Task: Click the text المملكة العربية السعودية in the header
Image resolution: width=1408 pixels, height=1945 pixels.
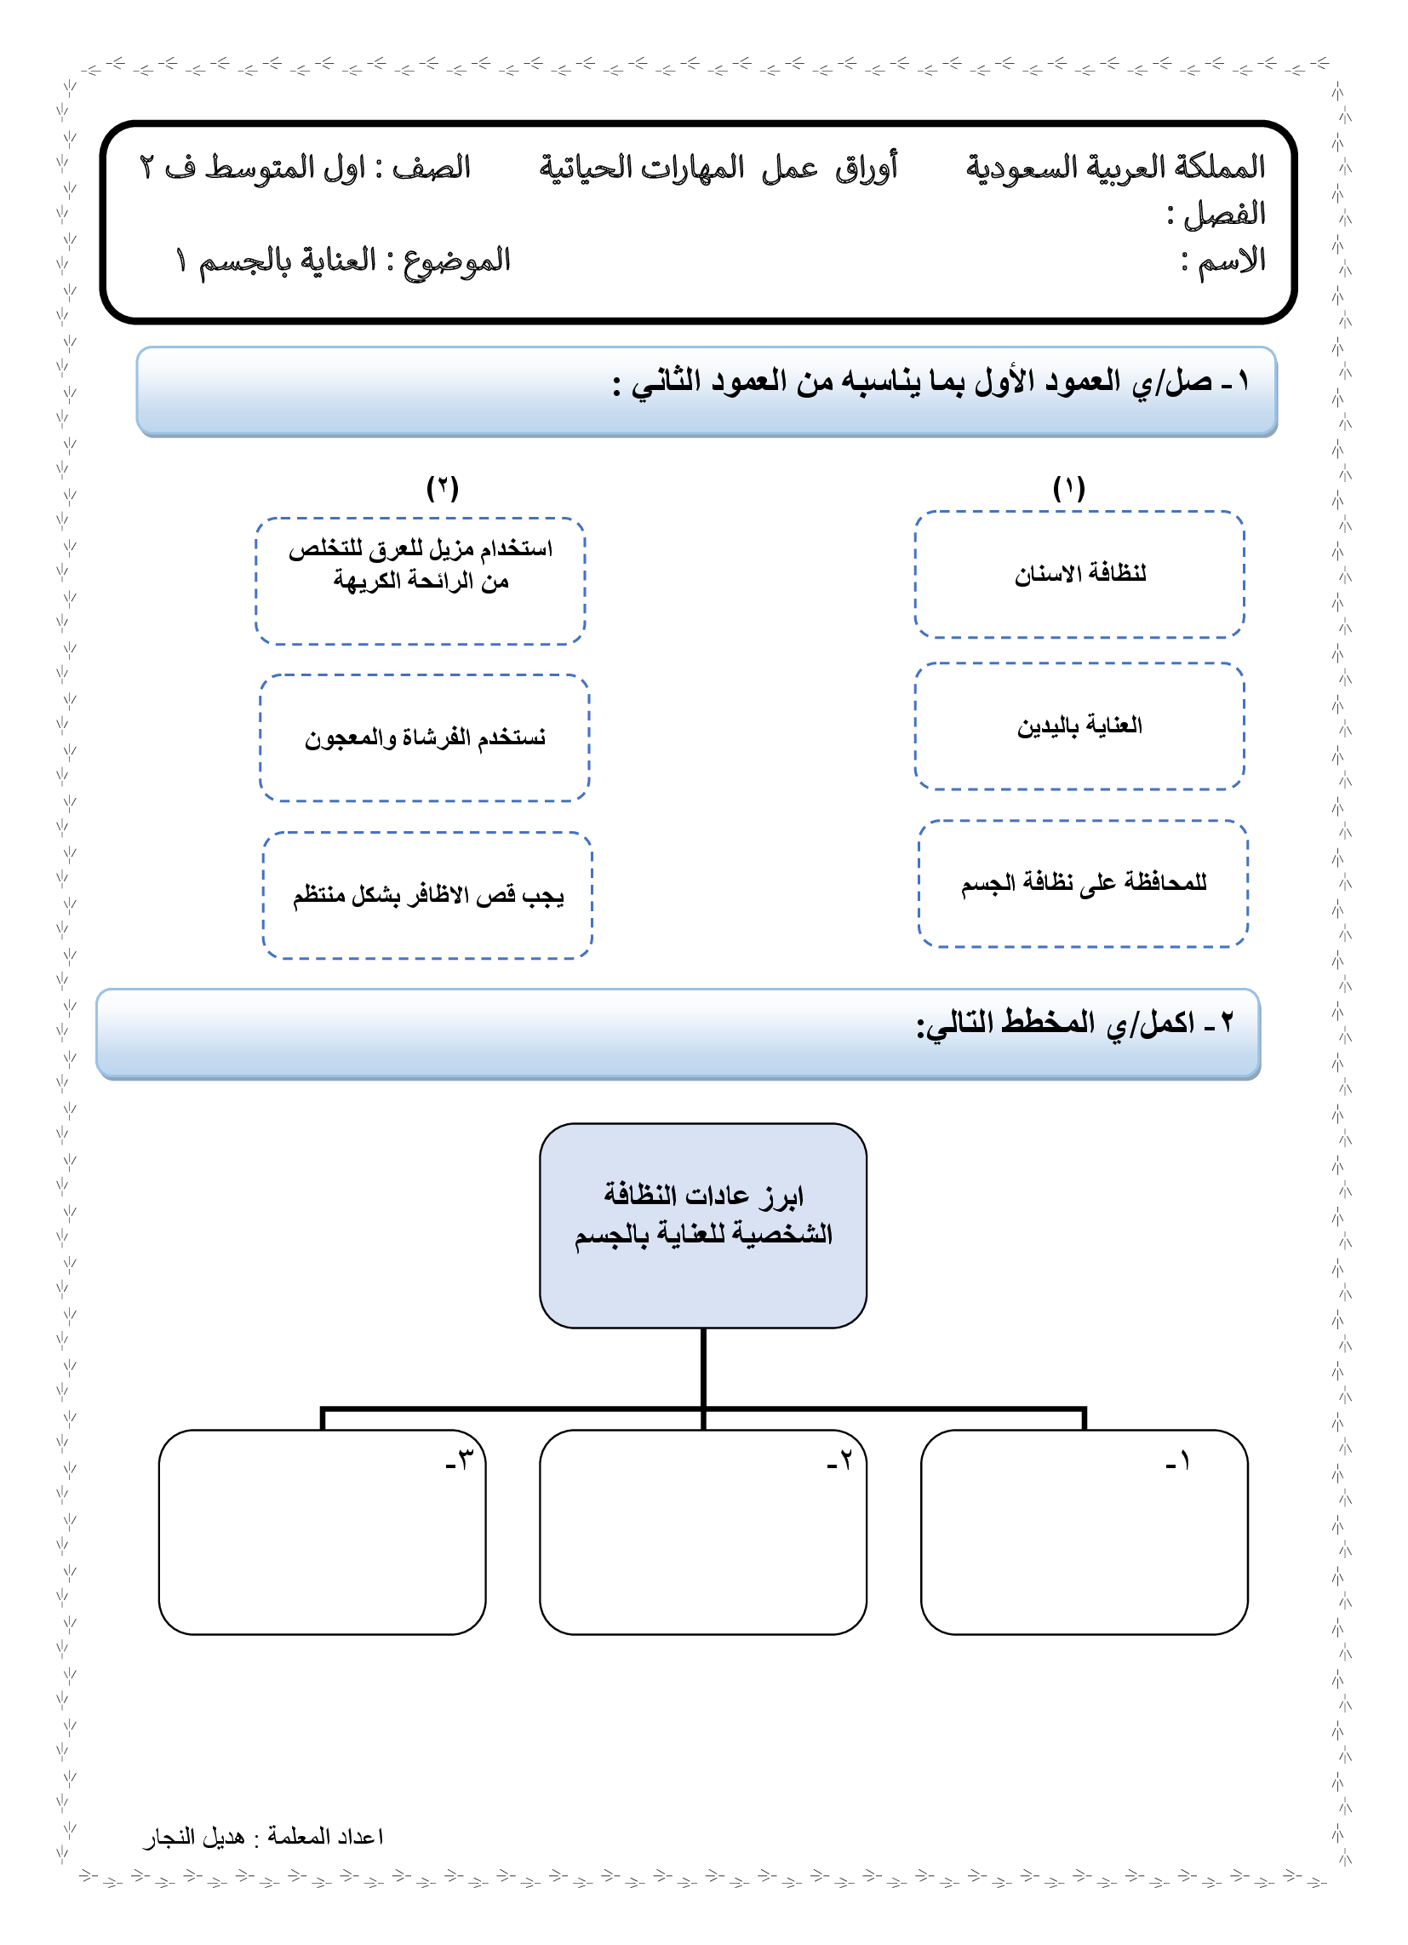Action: (1115, 167)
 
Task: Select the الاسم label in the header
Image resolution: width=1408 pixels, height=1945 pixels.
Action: (1231, 261)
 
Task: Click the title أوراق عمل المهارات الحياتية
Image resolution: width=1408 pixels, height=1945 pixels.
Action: (718, 167)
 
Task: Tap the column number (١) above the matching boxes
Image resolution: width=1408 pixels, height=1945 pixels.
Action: (1068, 488)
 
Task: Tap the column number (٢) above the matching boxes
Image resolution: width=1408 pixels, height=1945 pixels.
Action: (443, 488)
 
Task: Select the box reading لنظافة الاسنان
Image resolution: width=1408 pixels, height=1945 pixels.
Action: (1079, 575)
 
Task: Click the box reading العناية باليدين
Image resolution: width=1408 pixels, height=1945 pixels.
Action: (1079, 726)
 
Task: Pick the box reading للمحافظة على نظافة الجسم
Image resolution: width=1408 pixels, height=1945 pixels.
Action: (1083, 883)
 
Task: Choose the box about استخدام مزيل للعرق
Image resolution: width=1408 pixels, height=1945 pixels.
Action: (421, 581)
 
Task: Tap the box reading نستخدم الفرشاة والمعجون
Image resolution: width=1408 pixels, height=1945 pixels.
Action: (425, 738)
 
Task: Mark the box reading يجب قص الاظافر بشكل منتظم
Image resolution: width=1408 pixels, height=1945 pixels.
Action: (427, 895)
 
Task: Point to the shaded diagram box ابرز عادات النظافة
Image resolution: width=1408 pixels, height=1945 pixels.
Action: (703, 1225)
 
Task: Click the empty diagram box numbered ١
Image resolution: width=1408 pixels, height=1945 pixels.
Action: (1084, 1532)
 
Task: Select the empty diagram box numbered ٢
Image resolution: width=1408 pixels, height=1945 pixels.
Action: (703, 1532)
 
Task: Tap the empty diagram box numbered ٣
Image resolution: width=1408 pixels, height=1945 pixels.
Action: (323, 1532)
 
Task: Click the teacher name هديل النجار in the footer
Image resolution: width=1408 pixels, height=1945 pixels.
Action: (195, 1838)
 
